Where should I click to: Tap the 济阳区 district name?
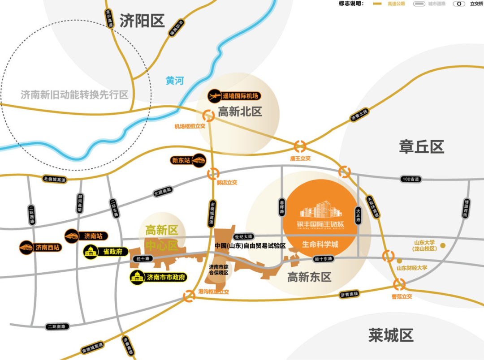click(143, 21)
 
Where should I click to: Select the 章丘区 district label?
click(421, 146)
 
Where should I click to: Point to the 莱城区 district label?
click(391, 335)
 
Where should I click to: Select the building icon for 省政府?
click(91, 252)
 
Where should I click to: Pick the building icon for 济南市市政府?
click(137, 278)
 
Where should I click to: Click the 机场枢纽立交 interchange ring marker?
click(208, 115)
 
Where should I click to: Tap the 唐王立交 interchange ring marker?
click(300, 146)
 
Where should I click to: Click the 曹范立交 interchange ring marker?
click(399, 284)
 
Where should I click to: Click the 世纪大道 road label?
click(243, 236)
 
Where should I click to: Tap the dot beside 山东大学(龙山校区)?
click(443, 245)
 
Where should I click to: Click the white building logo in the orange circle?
click(318, 209)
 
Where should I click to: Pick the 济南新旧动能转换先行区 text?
click(74, 95)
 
